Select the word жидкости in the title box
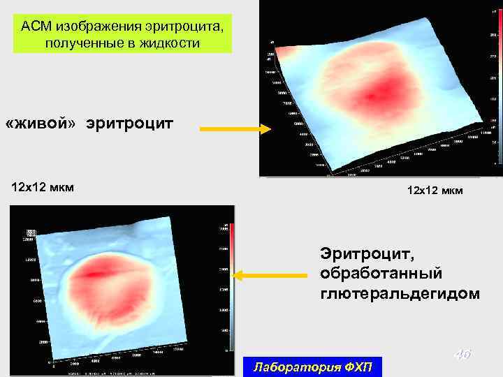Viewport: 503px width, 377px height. tap(170, 43)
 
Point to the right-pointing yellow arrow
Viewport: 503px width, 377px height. tap(235, 129)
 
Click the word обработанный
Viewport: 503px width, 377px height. tap(381, 272)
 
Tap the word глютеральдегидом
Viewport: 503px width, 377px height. tap(400, 293)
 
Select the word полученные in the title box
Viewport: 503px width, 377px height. tap(77, 43)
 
